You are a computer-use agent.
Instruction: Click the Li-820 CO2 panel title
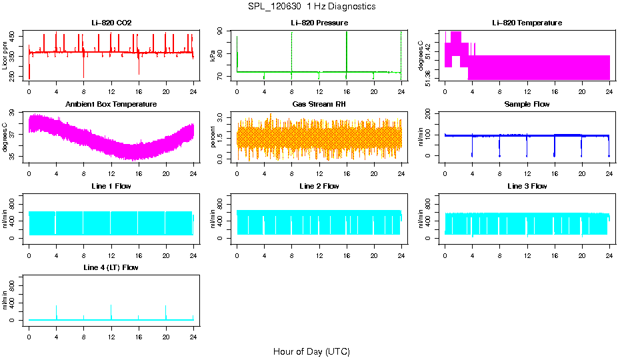[x=111, y=23]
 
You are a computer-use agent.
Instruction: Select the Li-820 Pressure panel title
[x=319, y=23]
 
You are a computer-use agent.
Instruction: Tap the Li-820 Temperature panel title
[x=527, y=23]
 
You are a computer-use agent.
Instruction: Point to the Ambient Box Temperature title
[x=111, y=105]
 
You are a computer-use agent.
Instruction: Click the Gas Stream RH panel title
[x=319, y=105]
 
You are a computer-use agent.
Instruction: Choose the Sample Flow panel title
[x=527, y=105]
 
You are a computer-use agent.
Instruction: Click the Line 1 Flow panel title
[x=111, y=186]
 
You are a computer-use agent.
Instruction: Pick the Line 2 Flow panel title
[x=319, y=186]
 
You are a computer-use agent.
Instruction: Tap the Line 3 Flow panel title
[x=527, y=186]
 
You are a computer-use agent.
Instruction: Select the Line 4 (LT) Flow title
[x=111, y=267]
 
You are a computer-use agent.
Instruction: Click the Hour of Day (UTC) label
[x=311, y=351]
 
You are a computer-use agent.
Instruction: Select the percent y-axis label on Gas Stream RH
[x=213, y=137]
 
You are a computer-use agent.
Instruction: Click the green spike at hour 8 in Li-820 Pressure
[x=291, y=50]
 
